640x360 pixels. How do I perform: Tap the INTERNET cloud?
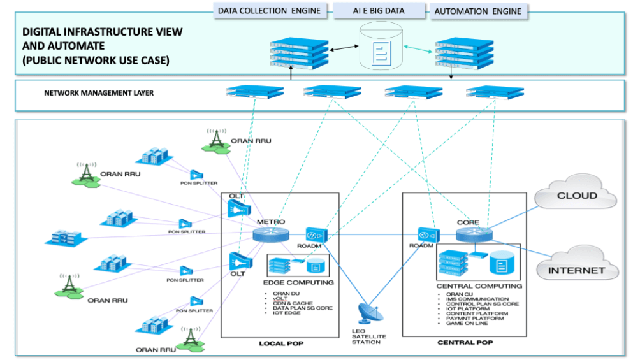(x=578, y=270)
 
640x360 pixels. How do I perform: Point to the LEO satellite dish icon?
(x=367, y=313)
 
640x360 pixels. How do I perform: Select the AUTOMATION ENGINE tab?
(x=478, y=11)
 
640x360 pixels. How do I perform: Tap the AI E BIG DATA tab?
(x=379, y=11)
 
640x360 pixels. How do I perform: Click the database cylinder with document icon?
(x=380, y=47)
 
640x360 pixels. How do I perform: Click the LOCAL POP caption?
(x=281, y=343)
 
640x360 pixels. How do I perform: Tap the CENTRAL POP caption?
(x=465, y=343)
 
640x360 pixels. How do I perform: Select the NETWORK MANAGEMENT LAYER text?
(x=99, y=93)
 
